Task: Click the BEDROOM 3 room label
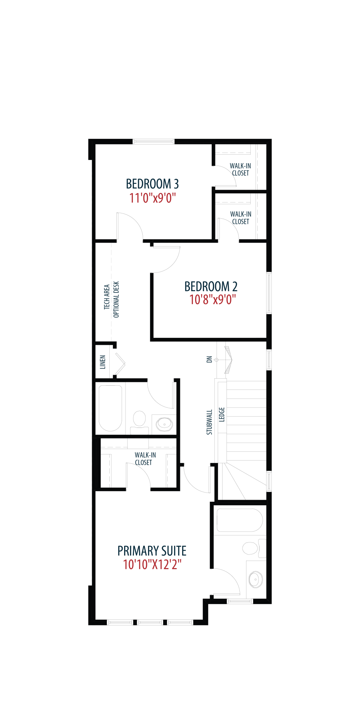(152, 184)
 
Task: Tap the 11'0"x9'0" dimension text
(152, 198)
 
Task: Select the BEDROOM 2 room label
(211, 287)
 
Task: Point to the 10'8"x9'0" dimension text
(212, 300)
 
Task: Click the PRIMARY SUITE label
(152, 551)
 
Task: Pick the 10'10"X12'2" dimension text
(152, 565)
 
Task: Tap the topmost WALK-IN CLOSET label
(240, 169)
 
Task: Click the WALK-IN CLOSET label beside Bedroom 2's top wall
(240, 218)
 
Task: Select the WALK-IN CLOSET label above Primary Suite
(145, 459)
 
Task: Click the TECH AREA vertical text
(107, 297)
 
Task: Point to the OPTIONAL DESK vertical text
(116, 300)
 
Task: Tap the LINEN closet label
(103, 362)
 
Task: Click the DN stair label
(209, 359)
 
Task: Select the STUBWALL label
(209, 422)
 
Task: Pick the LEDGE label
(222, 414)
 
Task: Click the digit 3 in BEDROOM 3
(176, 184)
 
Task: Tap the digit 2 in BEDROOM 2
(234, 287)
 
